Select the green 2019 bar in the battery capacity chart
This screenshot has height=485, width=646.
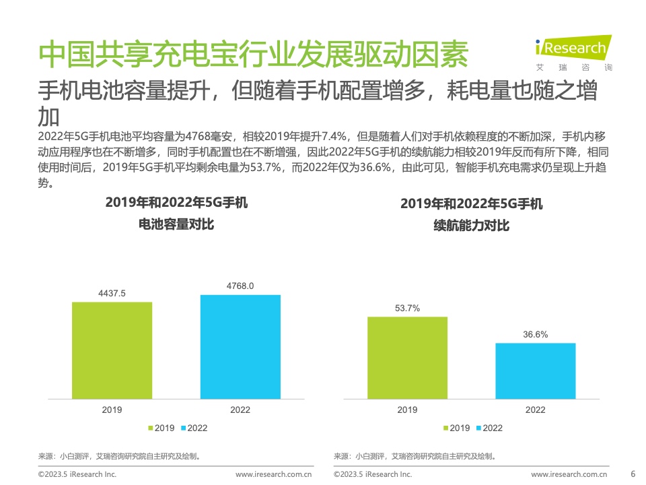pyautogui.click(x=112, y=350)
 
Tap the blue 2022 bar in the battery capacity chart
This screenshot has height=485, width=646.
pyautogui.click(x=240, y=346)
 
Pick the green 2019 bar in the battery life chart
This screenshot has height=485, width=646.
pyautogui.click(x=407, y=357)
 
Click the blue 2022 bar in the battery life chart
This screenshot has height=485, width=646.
pyautogui.click(x=536, y=370)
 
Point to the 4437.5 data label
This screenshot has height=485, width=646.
pyautogui.click(x=112, y=293)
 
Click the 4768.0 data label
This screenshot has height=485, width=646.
pyautogui.click(x=240, y=286)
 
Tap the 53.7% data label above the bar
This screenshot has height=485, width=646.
pyautogui.click(x=407, y=308)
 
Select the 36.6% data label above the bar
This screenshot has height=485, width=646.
pyautogui.click(x=536, y=334)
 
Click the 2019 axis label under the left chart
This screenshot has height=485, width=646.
pyautogui.click(x=112, y=410)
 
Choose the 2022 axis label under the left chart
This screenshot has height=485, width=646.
pyautogui.click(x=240, y=410)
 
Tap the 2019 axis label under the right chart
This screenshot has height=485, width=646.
pyautogui.click(x=407, y=410)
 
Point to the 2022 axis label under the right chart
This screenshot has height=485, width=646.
pyautogui.click(x=536, y=410)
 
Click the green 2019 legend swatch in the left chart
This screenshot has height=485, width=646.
pyautogui.click(x=151, y=428)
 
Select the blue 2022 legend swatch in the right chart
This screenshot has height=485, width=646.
pyautogui.click(x=478, y=428)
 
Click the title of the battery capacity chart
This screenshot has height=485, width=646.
pyautogui.click(x=176, y=213)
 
